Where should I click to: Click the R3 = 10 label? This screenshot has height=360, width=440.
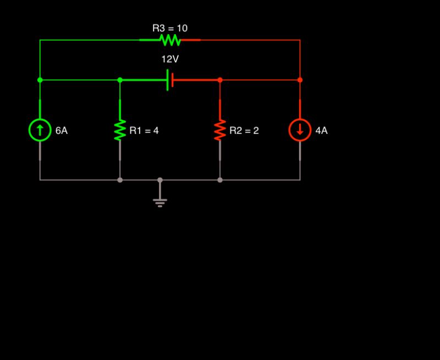coord(170,28)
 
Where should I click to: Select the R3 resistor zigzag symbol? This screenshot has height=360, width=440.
coord(170,40)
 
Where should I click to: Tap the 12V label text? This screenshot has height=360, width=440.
coord(170,59)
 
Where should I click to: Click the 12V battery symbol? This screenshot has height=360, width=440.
coord(170,80)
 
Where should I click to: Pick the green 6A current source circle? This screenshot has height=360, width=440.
coord(40,130)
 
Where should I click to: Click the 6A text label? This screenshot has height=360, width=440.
coord(62,131)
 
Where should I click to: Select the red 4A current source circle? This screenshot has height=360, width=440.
coord(300,130)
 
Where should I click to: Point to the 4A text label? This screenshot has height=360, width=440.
coord(322,131)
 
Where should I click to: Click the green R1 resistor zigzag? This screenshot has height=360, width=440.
coord(120,130)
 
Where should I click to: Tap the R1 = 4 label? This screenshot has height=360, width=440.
coord(144,131)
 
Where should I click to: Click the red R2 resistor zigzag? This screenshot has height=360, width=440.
coord(220,130)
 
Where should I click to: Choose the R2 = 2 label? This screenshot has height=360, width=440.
coord(244,131)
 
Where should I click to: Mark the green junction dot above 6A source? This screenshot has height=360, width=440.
coord(40,80)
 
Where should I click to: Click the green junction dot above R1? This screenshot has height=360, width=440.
coord(120,80)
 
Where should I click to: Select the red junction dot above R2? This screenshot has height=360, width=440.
coord(220,80)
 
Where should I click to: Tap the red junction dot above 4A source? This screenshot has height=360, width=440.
coord(300,80)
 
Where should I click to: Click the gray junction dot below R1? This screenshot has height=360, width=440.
coord(120,180)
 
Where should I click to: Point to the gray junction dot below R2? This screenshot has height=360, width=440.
coord(220,180)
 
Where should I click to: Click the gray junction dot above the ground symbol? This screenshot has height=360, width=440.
coord(160,180)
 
